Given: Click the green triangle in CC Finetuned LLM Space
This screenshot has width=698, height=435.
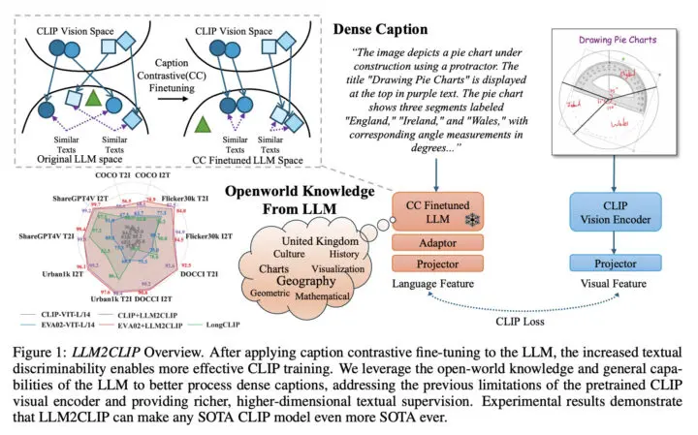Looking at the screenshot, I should click(202, 124).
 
